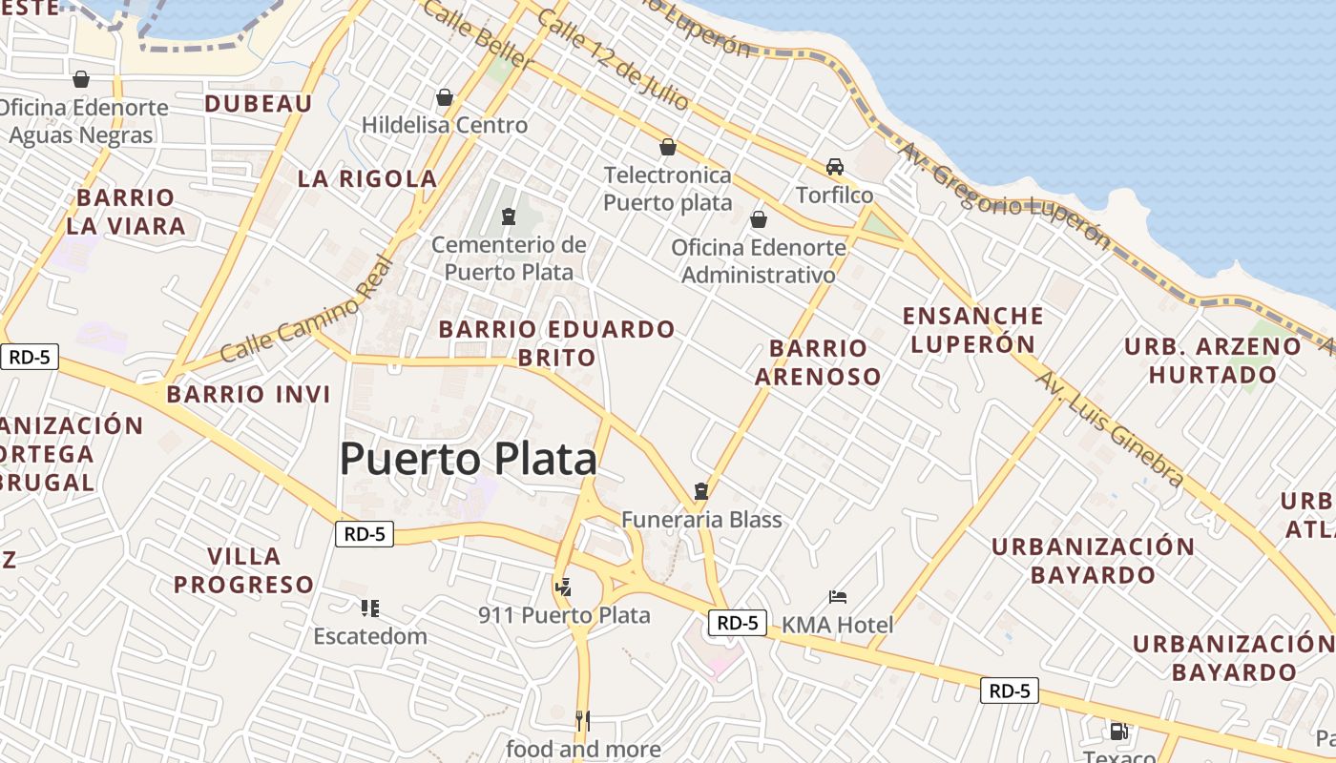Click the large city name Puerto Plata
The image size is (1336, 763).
(x=468, y=460)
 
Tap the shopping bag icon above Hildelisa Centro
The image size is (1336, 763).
(x=444, y=97)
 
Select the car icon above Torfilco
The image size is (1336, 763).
(x=835, y=167)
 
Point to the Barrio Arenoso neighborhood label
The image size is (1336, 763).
(x=818, y=361)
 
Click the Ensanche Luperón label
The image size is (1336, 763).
(x=972, y=329)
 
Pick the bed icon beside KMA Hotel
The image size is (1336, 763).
(x=838, y=598)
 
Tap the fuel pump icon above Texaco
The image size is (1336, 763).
(x=1118, y=732)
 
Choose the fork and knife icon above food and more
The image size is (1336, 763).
(x=583, y=720)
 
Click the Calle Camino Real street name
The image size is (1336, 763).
(x=306, y=311)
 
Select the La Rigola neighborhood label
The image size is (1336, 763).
(x=367, y=178)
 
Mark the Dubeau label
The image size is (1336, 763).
(x=258, y=104)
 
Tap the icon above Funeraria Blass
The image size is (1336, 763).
(x=701, y=492)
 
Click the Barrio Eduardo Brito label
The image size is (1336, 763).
(x=556, y=343)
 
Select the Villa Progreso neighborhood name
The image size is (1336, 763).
(x=243, y=570)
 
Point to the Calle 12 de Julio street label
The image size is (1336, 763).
(x=599, y=58)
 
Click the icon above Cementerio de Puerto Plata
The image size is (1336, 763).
(x=508, y=217)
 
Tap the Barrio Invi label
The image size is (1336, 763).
(x=248, y=394)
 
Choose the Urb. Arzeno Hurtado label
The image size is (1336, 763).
(x=1212, y=360)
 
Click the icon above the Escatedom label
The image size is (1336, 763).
(x=370, y=608)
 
